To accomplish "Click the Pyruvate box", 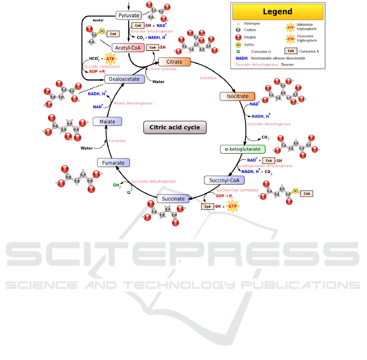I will (x=129, y=15).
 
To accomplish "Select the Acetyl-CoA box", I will (x=128, y=48).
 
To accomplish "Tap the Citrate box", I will (x=174, y=62).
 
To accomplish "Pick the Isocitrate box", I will (x=237, y=96).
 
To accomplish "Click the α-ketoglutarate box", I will (x=243, y=149).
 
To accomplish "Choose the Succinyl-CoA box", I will (x=224, y=180).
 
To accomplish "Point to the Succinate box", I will (x=174, y=199).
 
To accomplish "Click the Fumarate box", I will (x=114, y=163).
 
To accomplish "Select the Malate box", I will (x=107, y=121).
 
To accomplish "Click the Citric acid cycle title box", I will (x=175, y=127).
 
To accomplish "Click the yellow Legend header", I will (x=277, y=12).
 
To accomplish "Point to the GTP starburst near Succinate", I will (x=233, y=206).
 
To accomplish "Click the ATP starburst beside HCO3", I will (x=110, y=59).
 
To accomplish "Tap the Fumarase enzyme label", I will (x=117, y=141).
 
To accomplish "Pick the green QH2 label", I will (x=117, y=185).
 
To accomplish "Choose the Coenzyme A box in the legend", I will (x=290, y=51).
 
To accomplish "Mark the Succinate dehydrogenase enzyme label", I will (x=154, y=181).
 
